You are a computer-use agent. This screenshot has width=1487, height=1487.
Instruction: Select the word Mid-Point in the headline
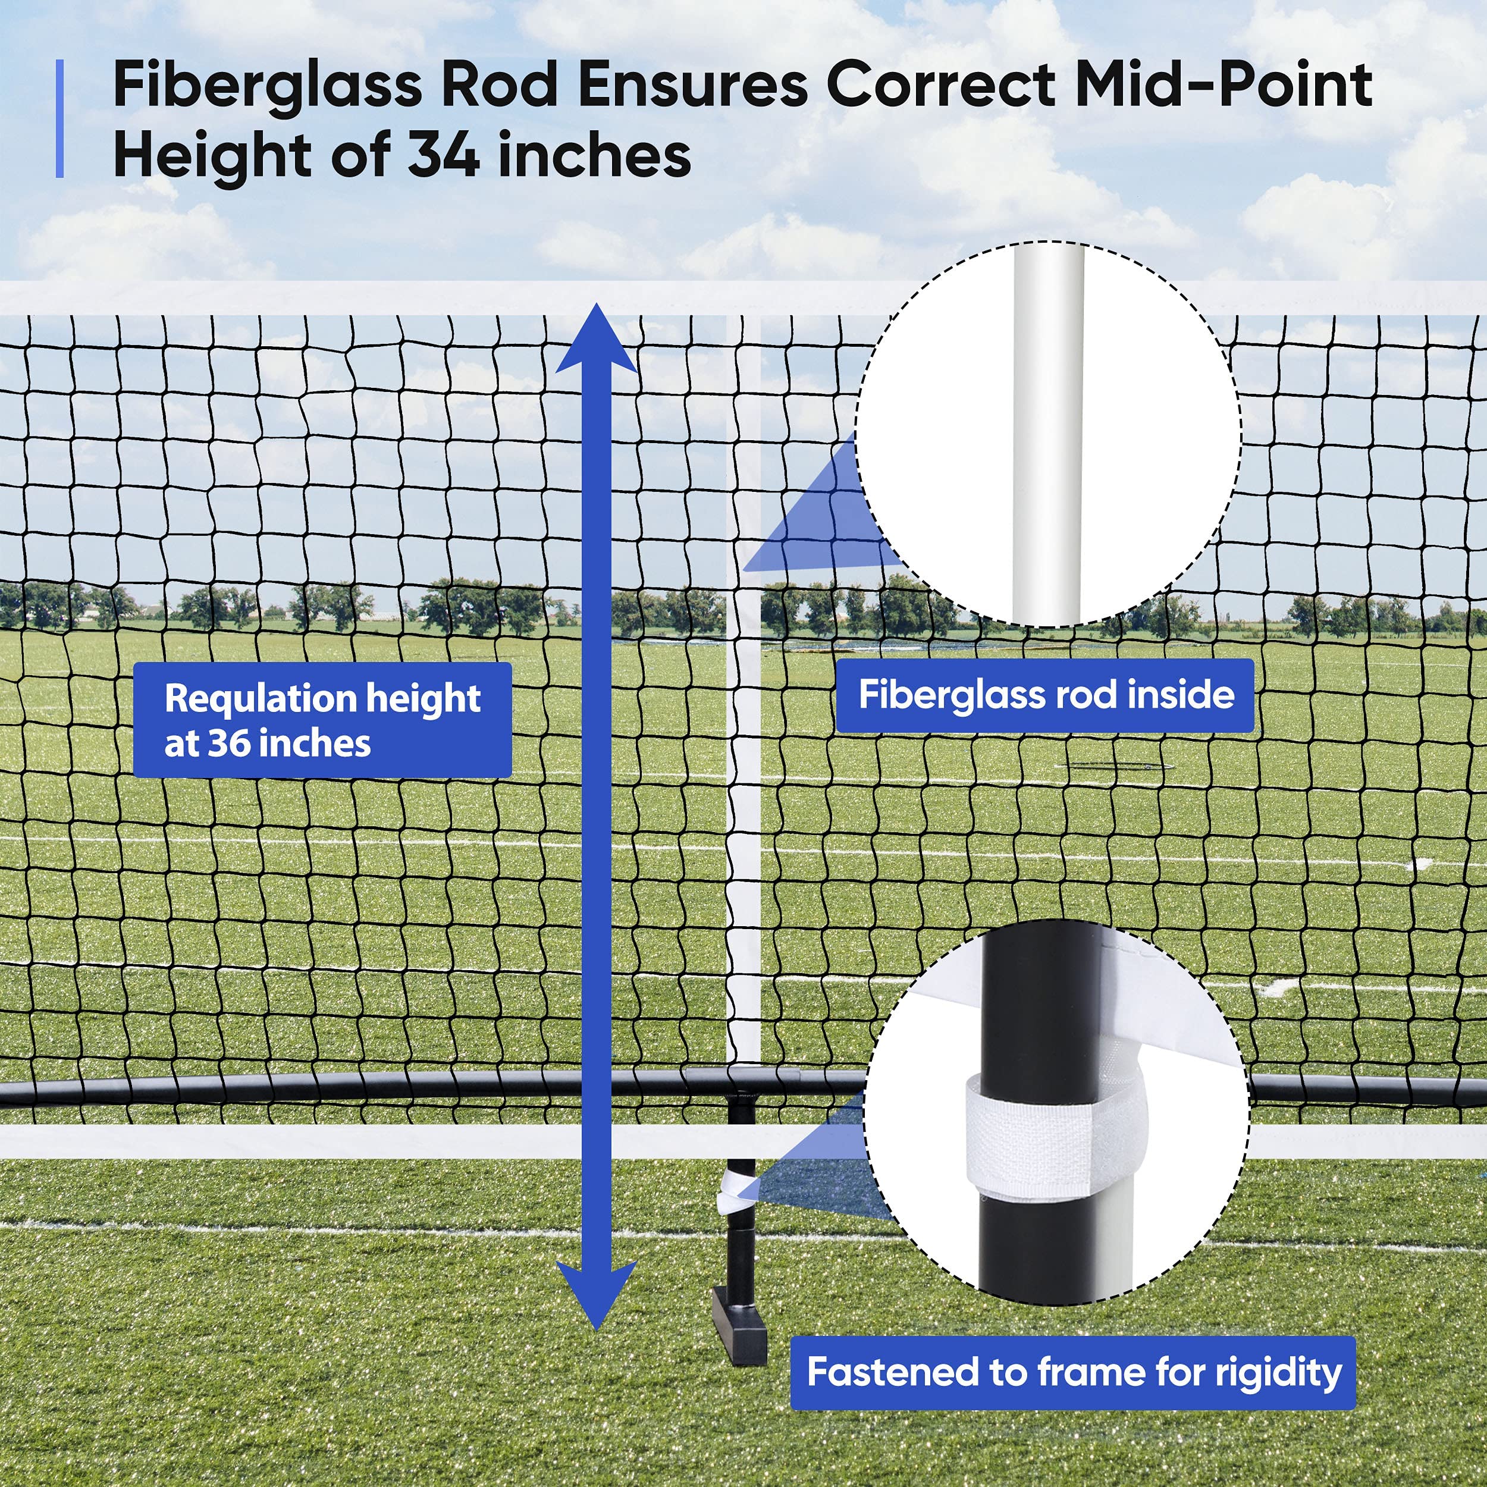pyautogui.click(x=1223, y=86)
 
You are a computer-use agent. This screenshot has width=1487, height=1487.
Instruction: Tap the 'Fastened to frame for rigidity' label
pyautogui.click(x=1074, y=1372)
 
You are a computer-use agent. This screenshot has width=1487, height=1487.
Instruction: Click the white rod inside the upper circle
pyautogui.click(x=1048, y=431)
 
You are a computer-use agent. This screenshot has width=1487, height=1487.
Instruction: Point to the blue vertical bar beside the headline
pyautogui.click(x=60, y=120)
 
